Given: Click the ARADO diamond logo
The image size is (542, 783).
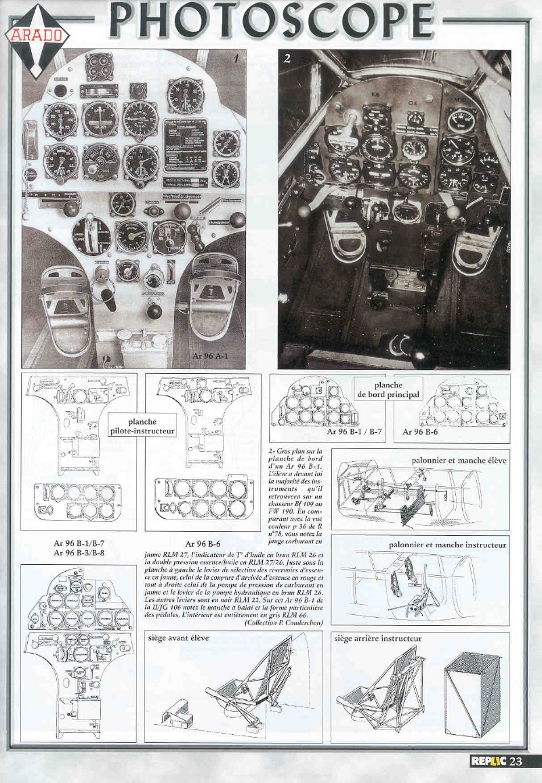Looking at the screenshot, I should click(37, 34).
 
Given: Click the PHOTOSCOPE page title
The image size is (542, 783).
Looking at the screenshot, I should click(271, 20).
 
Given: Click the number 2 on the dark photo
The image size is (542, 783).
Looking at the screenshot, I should click(287, 58).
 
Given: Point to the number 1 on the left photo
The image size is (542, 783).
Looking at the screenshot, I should click(236, 59).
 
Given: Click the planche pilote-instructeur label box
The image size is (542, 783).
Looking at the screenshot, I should click(142, 426).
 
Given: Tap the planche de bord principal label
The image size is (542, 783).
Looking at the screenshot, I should click(388, 389).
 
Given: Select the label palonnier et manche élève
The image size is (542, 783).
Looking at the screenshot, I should click(459, 460).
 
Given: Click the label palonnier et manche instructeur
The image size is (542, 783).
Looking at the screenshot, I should click(447, 544).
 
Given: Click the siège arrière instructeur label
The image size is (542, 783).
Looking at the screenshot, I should click(378, 638).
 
